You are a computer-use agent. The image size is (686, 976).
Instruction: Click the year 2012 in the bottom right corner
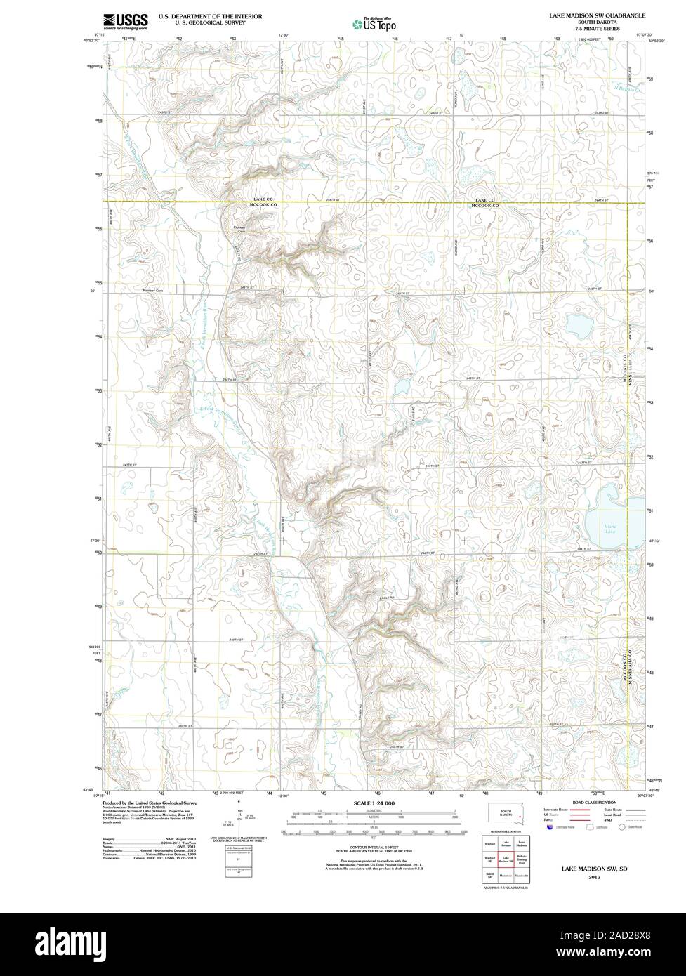tap(595, 877)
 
